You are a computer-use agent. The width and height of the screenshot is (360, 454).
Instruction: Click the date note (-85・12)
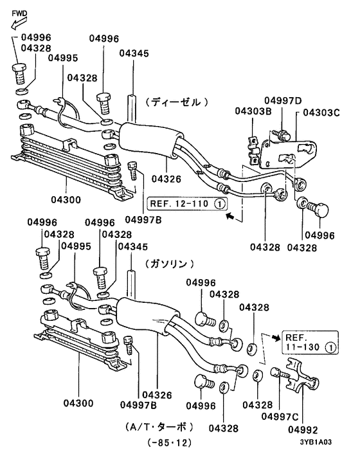coord(169,443)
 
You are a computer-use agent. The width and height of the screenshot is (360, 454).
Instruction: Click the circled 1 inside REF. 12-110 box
coord(219,205)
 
